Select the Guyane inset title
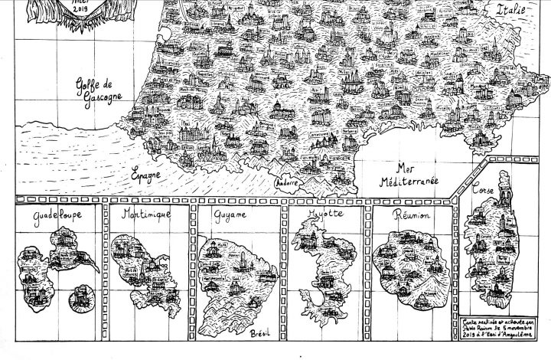234,218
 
